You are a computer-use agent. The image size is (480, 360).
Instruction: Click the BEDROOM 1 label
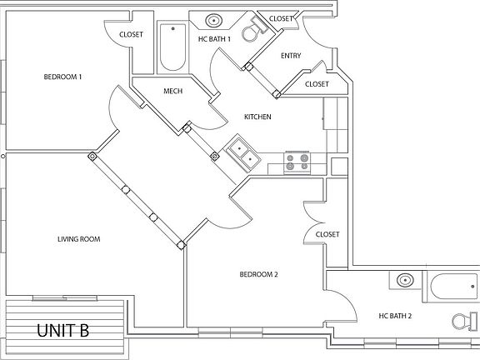(x=62, y=77)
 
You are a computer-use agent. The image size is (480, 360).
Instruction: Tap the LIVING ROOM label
(x=78, y=239)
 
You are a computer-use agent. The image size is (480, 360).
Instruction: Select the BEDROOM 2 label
(x=258, y=275)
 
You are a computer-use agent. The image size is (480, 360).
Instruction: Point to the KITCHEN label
(x=257, y=117)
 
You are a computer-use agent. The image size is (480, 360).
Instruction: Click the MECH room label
(x=172, y=92)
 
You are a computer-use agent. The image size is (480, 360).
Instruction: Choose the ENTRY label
(x=291, y=57)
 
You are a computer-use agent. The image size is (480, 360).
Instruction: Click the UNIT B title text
(x=63, y=331)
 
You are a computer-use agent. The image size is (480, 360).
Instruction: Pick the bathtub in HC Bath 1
(x=173, y=49)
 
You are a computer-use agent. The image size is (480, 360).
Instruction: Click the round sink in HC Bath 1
(x=214, y=20)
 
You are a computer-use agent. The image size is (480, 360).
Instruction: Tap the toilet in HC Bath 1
(x=251, y=31)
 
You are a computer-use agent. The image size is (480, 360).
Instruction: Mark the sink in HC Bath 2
(x=406, y=281)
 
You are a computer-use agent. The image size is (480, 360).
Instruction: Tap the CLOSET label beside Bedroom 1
(x=131, y=34)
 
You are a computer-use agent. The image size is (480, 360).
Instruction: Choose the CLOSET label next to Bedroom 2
(x=328, y=235)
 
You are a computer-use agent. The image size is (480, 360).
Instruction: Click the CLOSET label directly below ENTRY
(x=317, y=84)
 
